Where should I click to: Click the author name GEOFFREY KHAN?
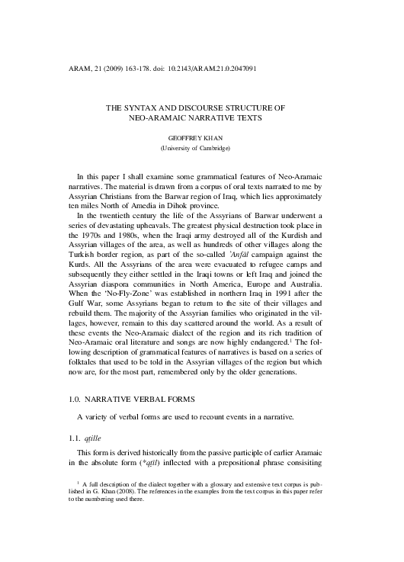click(x=201, y=140)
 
